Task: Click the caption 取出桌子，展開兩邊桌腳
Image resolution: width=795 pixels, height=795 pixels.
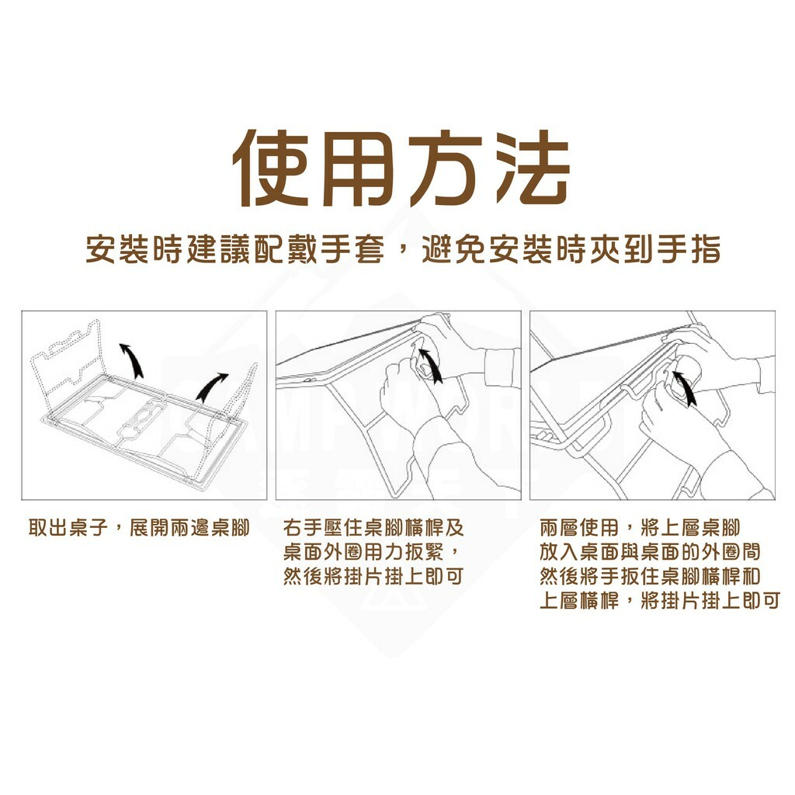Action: click(x=139, y=529)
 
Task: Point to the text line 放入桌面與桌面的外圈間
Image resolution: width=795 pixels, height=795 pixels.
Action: click(x=650, y=553)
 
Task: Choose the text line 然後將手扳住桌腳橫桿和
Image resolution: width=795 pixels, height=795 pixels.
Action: click(x=650, y=577)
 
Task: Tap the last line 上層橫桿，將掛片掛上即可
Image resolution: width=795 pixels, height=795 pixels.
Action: click(x=659, y=601)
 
